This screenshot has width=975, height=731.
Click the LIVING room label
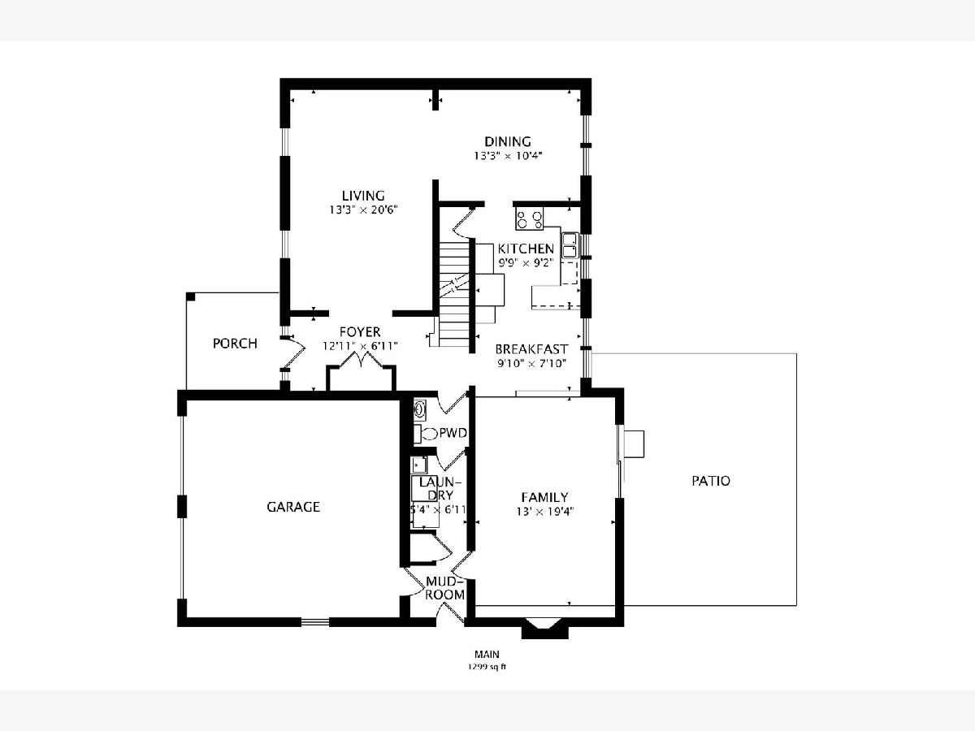coord(363,196)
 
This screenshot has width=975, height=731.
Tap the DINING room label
coord(507,141)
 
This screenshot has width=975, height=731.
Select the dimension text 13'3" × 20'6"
coord(363,210)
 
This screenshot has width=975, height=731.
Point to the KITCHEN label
coord(526,249)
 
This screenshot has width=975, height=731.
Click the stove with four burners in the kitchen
coord(530,219)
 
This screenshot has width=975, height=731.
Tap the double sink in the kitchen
coord(570,245)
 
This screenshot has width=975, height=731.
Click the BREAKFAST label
coord(531,349)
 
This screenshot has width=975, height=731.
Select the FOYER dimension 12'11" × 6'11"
coord(360,346)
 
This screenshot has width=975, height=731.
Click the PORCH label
coord(235,344)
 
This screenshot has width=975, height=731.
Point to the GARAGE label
coord(293,507)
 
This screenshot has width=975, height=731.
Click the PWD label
coord(453,433)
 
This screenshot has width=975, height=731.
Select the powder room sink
coord(420,409)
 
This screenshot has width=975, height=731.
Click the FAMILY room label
coord(544,497)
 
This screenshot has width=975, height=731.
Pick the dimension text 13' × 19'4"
coord(544,512)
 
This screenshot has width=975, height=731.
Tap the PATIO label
coord(711,481)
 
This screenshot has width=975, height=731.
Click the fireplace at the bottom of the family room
coord(544,627)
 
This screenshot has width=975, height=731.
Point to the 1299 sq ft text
coord(487,667)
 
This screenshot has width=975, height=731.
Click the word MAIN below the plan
coord(487,654)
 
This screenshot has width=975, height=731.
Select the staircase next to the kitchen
coord(453,293)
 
